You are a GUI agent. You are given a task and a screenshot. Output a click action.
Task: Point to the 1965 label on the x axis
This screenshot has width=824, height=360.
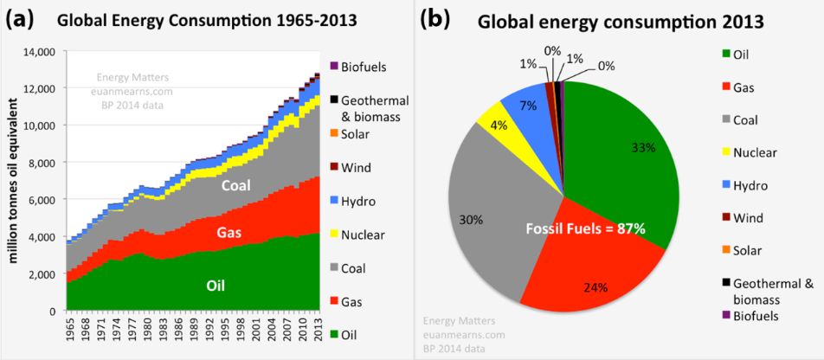coord(68,330)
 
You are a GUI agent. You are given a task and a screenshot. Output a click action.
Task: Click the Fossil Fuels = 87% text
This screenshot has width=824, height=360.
coord(587,228)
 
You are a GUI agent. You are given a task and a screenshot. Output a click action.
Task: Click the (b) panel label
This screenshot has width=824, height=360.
coord(437,18)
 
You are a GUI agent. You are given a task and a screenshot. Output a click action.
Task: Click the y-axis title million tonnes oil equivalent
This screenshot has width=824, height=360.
coord(13,181)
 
